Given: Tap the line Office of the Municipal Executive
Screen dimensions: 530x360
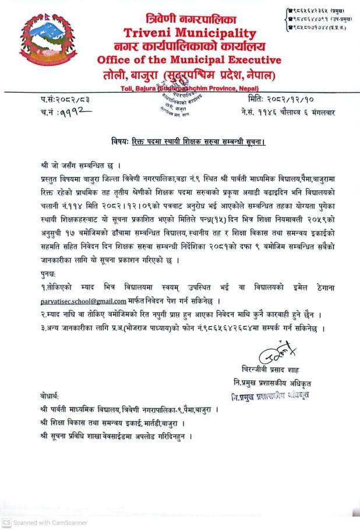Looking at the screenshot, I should [189, 60].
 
